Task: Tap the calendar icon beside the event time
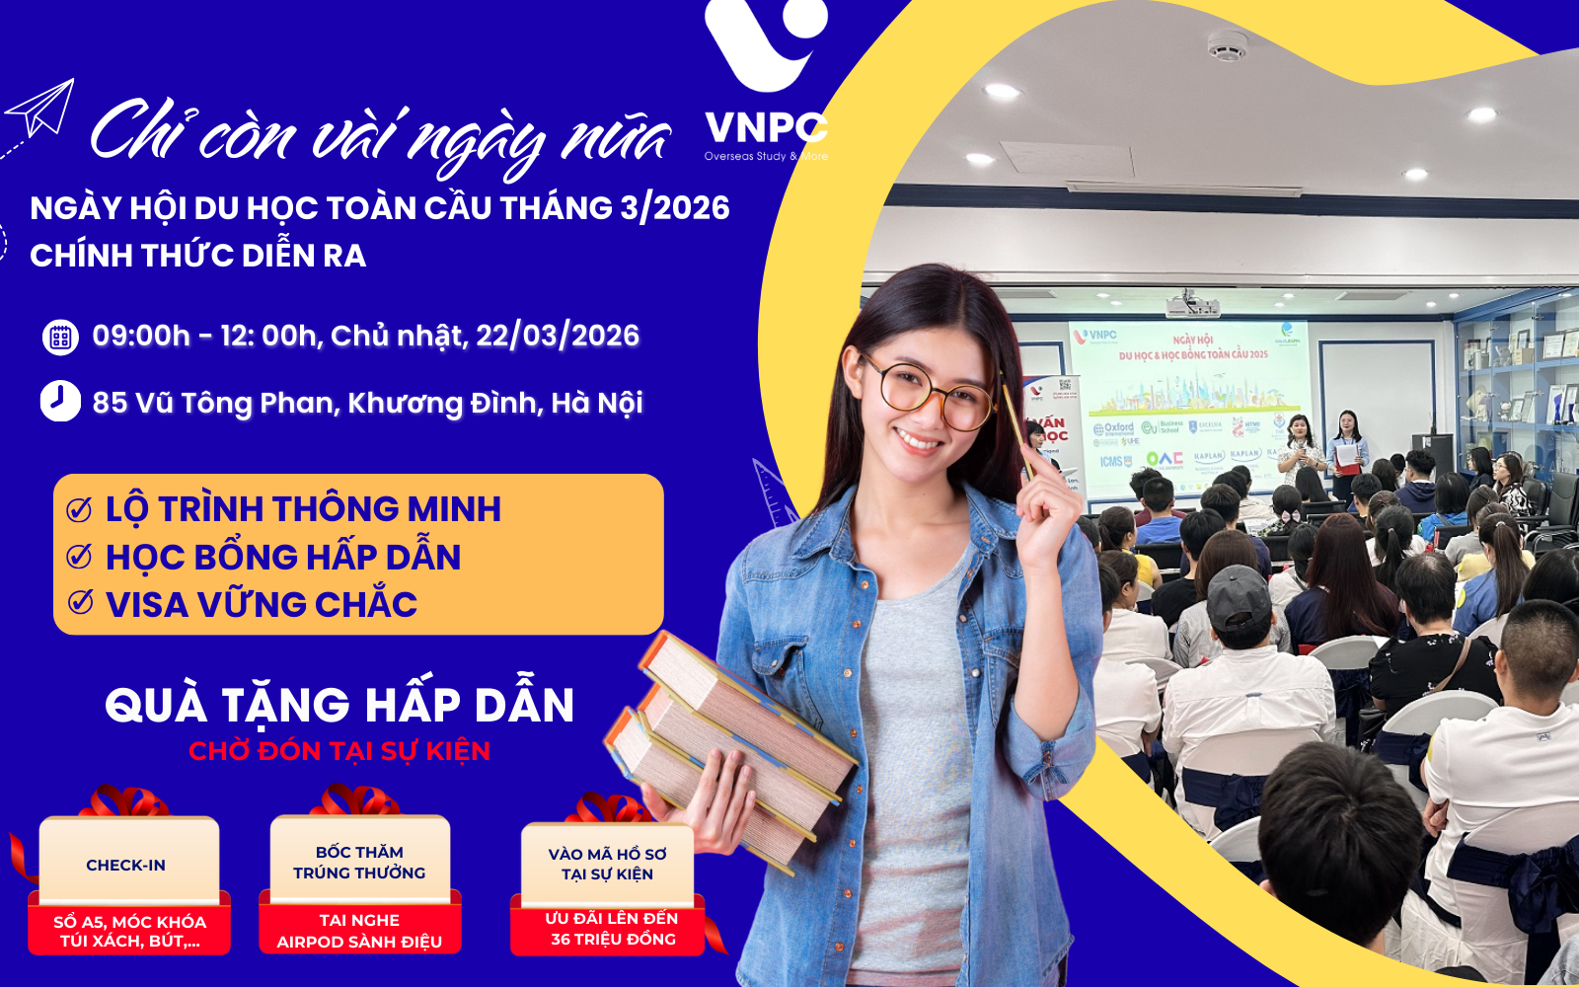(x=60, y=337)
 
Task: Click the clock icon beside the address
(x=60, y=402)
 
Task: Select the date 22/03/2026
(x=558, y=336)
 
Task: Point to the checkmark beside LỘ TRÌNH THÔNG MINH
(x=79, y=509)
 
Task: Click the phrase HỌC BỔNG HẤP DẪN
(x=283, y=557)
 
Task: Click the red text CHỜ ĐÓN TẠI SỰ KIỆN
(x=339, y=751)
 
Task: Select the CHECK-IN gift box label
(x=126, y=865)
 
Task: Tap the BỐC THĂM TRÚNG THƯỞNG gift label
(x=359, y=862)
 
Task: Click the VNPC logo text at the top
(x=766, y=128)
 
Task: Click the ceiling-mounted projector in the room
(x=1190, y=303)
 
